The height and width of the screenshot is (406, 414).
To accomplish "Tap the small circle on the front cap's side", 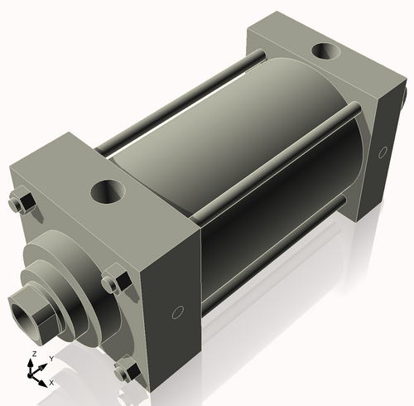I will point(177,312).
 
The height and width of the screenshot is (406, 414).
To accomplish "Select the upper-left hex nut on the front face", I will point(22,203).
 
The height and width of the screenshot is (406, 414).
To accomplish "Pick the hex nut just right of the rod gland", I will point(113,283).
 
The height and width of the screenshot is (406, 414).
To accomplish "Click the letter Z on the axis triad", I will point(33,354).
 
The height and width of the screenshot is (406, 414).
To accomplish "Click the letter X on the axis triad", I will point(51,383).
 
